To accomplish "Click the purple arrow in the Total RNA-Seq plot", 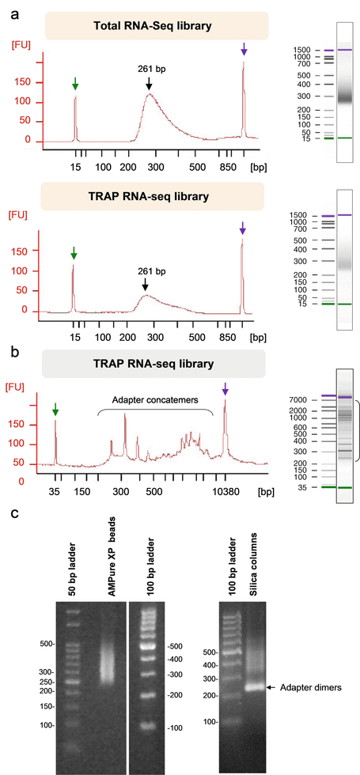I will tap(244, 49).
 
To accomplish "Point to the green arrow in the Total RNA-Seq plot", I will tap(75, 84).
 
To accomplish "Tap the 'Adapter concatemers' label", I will tap(155, 401).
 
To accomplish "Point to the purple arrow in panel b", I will tap(225, 388).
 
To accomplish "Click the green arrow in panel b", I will tap(55, 409).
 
